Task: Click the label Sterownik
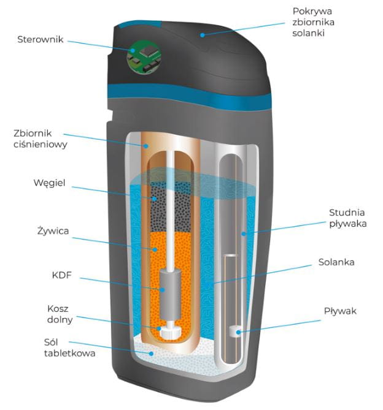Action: point(41,40)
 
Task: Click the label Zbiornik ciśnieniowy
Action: point(40,139)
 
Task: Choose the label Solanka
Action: point(336,262)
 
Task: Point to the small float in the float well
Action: point(234,332)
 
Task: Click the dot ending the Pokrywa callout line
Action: point(202,35)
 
